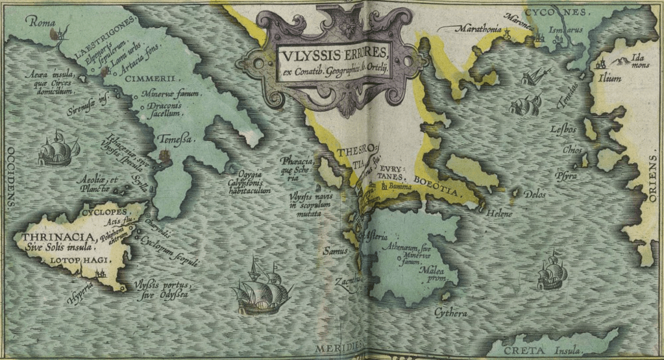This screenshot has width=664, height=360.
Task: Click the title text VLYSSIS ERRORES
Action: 334,52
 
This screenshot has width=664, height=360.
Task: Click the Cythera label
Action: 450,313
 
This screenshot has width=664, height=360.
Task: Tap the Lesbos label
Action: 563,129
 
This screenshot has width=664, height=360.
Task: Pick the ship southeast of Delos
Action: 551,272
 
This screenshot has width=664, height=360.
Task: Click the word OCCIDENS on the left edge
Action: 9,175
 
